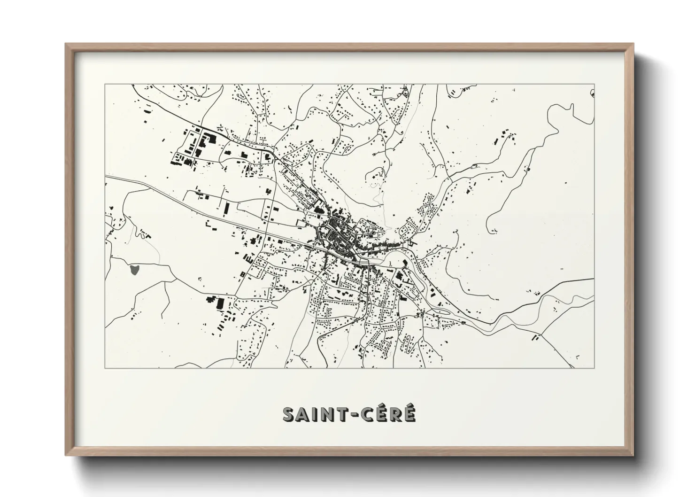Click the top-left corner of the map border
(x=105, y=85)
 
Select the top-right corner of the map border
(x=595, y=85)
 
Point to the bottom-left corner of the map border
(x=105, y=368)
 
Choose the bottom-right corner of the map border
(x=595, y=368)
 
